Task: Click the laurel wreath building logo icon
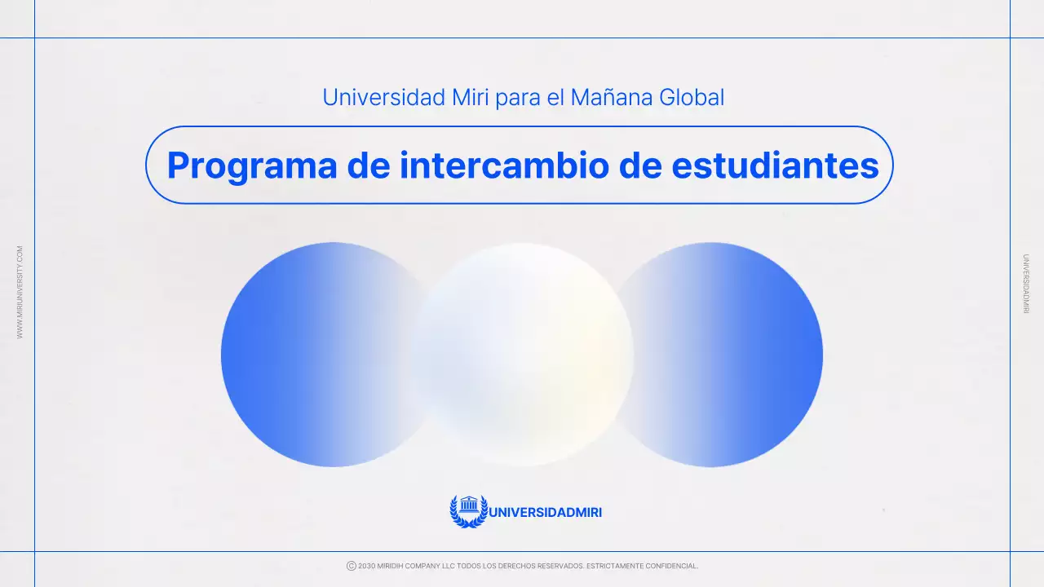pos(468,511)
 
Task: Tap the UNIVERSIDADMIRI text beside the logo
pos(545,513)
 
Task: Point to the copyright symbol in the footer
pos(352,566)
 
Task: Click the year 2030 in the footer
pos(366,566)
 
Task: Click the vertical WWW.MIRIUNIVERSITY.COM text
pos(20,293)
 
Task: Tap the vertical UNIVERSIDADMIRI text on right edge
pos(1025,284)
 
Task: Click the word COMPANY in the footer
pos(427,566)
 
